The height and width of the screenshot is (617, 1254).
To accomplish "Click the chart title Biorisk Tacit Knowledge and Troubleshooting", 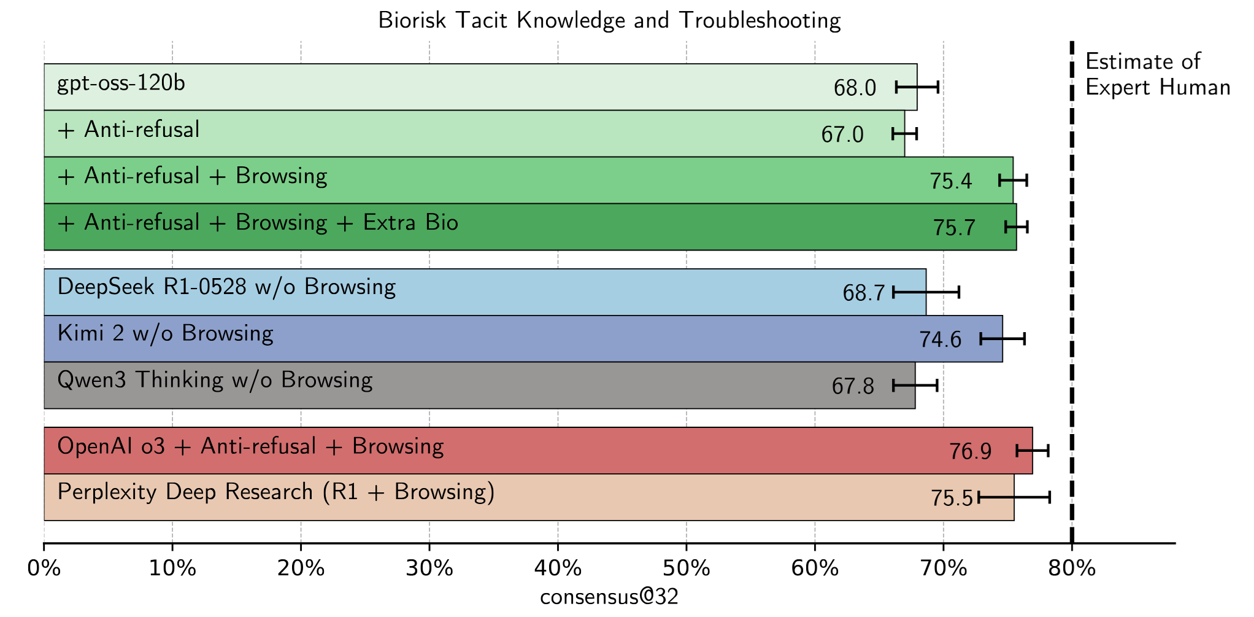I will click(609, 21).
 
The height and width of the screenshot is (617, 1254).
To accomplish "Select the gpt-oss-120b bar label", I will click(121, 83).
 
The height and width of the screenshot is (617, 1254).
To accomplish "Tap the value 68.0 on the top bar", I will click(855, 88).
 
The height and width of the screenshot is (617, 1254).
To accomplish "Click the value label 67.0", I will click(842, 134).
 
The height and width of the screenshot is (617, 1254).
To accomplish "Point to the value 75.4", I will click(950, 181).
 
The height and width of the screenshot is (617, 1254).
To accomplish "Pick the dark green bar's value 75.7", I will click(954, 228).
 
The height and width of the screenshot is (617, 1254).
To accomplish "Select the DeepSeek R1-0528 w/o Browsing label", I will click(226, 287).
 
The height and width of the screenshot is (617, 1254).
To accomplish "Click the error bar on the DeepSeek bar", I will click(926, 292).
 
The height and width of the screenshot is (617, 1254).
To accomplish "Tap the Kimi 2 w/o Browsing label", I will click(165, 333).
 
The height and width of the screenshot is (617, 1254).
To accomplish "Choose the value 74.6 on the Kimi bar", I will click(940, 340).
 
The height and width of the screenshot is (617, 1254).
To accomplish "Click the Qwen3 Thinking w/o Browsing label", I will click(215, 380).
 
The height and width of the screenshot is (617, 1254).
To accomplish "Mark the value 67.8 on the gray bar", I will click(853, 386).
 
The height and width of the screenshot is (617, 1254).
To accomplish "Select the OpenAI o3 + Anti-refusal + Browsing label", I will click(250, 446).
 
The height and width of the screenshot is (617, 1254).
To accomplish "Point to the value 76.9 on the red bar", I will click(970, 452).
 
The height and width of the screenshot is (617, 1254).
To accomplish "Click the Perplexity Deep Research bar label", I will click(276, 492).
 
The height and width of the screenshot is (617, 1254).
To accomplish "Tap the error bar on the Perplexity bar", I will click(1014, 497).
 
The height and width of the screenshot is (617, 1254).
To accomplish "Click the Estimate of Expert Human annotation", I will click(1157, 74).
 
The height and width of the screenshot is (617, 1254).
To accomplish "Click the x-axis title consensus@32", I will click(609, 597).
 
